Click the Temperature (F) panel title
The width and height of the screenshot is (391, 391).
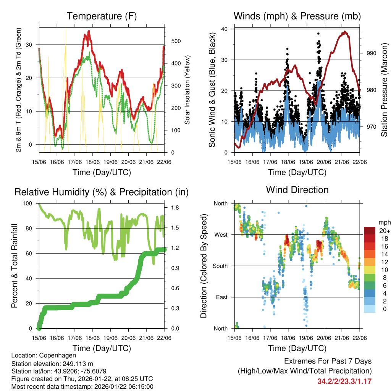pos(102,16)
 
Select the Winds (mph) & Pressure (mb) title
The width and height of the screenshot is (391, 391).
pos(297,16)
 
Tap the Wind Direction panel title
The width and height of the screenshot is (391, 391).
pos(297,189)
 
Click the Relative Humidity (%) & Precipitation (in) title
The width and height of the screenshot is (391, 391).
pos(102,192)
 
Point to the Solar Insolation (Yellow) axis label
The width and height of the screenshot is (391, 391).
pos(187,90)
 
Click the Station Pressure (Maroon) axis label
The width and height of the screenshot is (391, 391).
pos(384,90)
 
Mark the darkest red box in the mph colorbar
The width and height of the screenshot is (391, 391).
pos(370,231)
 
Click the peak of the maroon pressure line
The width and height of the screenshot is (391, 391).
pos(345,32)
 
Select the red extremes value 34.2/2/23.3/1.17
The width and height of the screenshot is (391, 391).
pos(344,381)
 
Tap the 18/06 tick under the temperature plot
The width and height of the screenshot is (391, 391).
pos(93,162)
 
